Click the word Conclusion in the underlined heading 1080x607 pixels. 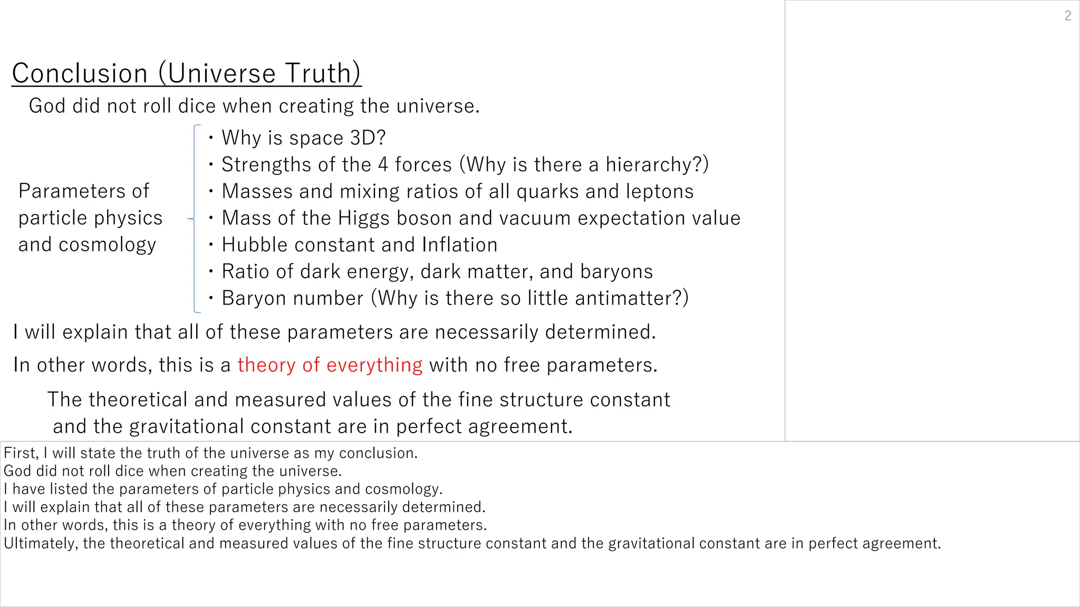click(80, 73)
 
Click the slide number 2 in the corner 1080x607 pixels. click(1067, 16)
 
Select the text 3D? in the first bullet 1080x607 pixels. click(368, 138)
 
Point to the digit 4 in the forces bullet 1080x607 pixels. click(383, 165)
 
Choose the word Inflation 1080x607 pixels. click(459, 245)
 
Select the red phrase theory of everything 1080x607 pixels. click(330, 365)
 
